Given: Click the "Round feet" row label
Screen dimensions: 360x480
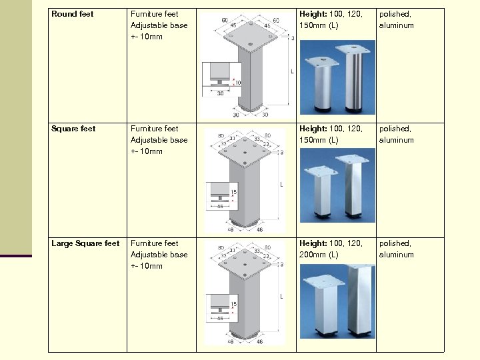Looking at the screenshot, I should pos(73,14).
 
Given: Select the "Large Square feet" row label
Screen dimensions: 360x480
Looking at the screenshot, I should pos(85,243).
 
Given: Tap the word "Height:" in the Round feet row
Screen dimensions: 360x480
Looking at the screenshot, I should pos(313,14).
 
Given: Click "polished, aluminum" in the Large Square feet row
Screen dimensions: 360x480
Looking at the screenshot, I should pos(397,249).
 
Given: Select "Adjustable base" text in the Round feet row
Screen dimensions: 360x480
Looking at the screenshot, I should pos(159,25).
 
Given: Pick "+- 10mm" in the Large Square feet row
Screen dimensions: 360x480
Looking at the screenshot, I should pos(147,266).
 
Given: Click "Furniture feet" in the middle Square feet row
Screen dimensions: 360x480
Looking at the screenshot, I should pos(155,129).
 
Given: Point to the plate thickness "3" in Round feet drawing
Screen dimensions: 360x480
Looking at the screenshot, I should pos(292,39).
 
